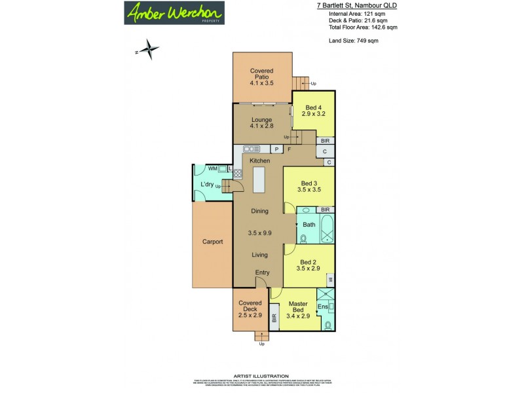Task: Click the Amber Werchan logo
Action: click(175, 12)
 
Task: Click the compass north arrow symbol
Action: click(150, 48)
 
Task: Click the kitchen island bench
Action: click(260, 179)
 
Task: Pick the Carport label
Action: click(212, 242)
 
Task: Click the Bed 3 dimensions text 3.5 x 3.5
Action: click(309, 190)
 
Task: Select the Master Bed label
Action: click(298, 308)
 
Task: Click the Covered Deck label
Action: click(250, 307)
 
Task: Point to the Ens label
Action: click(322, 307)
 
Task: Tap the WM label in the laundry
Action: click(212, 169)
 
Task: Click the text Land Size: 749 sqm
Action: click(353, 41)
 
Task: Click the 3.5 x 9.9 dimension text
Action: click(260, 233)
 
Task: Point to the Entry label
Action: click(262, 272)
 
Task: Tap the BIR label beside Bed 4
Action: click(325, 141)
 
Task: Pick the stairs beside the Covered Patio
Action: click(301, 83)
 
